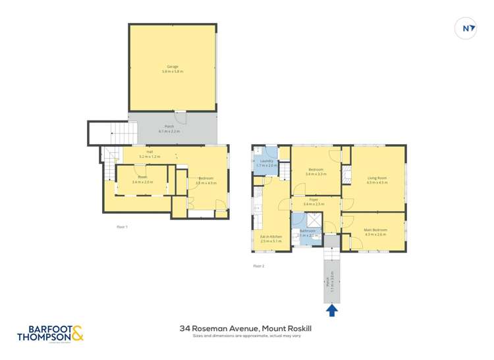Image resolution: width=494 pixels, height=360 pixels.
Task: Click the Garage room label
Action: point(173,66)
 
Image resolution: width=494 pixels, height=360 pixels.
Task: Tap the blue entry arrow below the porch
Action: point(332,309)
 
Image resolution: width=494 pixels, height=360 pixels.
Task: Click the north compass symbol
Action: point(466,28)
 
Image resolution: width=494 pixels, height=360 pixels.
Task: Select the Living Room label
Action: point(377,178)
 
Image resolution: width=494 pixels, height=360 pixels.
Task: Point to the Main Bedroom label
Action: point(376,230)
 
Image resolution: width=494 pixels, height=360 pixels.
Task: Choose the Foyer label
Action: point(315,199)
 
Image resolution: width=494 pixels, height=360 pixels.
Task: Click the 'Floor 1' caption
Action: point(122,226)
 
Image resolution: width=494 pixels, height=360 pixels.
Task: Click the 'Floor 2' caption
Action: point(259,266)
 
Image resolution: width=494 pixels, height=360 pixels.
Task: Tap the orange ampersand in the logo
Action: point(77,333)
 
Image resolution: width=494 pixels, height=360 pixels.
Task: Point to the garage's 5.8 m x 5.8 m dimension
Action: point(173,71)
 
